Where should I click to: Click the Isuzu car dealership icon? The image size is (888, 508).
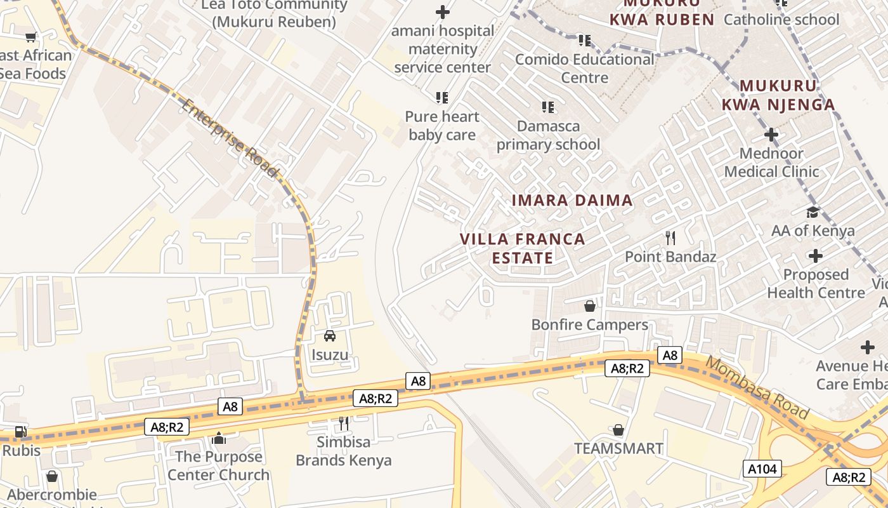coord(330,336)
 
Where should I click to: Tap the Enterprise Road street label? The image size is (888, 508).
coord(229,138)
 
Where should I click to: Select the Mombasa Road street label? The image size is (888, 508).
coord(757,388)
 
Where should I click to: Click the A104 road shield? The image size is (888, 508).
coord(762,469)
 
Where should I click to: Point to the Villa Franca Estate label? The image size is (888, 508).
coord(522,248)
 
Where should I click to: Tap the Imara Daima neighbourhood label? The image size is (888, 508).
coord(572,201)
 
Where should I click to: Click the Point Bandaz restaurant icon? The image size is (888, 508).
coord(670,238)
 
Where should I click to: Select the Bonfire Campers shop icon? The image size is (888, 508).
coord(590,306)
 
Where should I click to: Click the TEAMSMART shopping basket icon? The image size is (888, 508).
coord(618,430)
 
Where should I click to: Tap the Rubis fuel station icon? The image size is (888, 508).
coord(21,432)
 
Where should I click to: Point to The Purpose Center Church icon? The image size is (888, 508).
coord(219,438)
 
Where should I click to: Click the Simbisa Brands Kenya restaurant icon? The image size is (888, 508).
coord(344,423)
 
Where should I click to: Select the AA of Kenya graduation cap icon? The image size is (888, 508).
coord(813,212)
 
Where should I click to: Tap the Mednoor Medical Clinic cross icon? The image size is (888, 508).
coord(771,135)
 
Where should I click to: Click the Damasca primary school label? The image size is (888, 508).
coord(548,135)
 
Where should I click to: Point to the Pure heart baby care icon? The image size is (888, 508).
coord(442,98)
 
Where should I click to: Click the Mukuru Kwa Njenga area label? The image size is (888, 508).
coord(787,95)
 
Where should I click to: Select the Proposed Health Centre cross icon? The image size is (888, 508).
coord(816,256)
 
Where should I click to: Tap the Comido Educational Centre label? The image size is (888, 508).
coord(584,68)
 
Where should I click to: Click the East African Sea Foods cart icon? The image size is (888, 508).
coord(31,37)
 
